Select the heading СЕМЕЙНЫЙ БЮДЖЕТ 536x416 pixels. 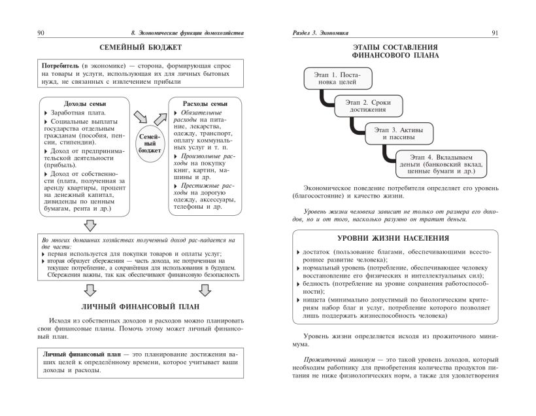point(140,48)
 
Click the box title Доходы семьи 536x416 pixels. point(85,104)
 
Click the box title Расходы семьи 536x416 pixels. point(205,103)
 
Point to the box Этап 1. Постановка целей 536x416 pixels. point(337,79)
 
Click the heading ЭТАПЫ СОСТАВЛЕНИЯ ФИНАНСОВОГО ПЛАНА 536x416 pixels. point(392,52)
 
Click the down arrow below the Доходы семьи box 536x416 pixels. point(91,226)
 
